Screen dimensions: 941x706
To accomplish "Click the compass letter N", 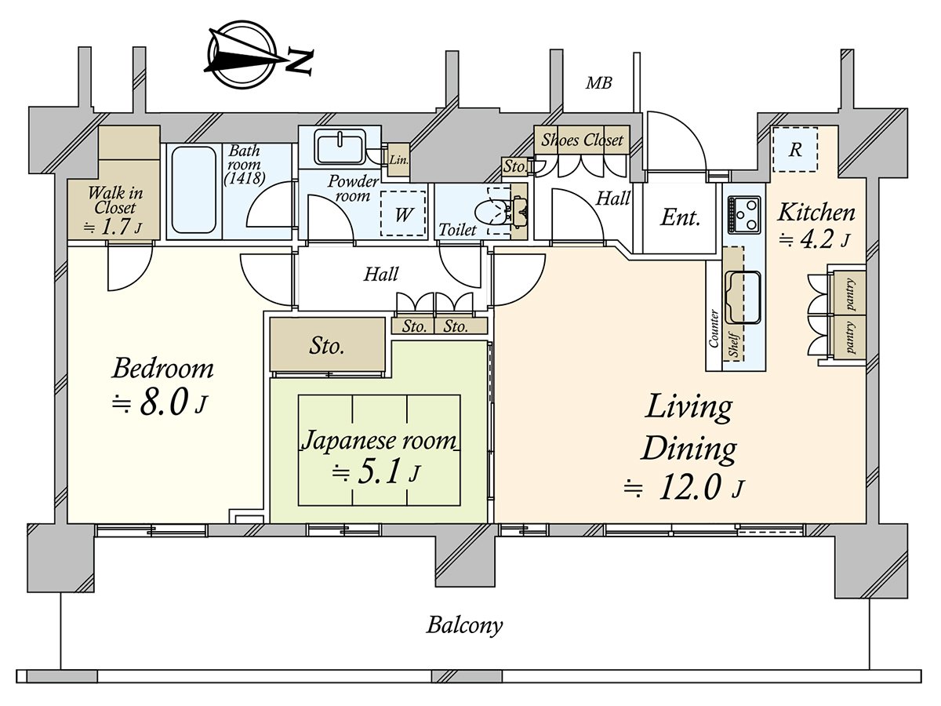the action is [x=300, y=62].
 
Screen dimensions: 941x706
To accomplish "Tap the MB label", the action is [x=598, y=82].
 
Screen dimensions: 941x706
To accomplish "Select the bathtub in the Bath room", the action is [x=194, y=190].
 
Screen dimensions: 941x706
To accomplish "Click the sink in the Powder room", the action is [x=340, y=147].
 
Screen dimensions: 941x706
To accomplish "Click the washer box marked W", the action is [x=403, y=213].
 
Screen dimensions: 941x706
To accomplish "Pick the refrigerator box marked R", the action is [x=795, y=149].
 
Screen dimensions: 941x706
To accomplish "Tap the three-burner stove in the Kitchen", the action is [x=744, y=215].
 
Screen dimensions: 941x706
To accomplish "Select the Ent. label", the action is [x=680, y=217].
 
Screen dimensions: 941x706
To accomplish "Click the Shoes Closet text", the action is [x=582, y=140].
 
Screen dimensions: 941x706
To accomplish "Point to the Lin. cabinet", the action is [x=398, y=160].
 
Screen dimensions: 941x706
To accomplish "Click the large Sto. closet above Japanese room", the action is [x=327, y=344].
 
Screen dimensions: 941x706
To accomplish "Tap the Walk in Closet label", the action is [x=115, y=200].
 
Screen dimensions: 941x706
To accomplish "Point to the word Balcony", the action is [x=464, y=625].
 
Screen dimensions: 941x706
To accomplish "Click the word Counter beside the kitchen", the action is [x=714, y=329].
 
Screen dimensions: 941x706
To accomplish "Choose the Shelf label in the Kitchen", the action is [x=733, y=344].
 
